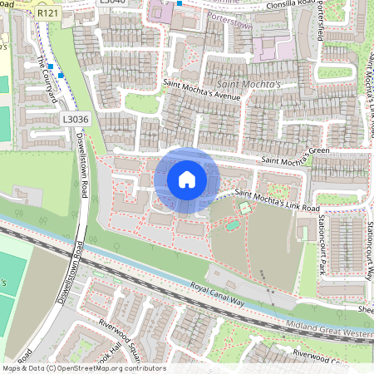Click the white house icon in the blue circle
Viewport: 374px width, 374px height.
pos(187,180)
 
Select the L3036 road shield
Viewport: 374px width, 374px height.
pos(75,120)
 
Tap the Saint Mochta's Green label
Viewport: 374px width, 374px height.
pos(296,155)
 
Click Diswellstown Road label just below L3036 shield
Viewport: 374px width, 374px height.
pos(84,161)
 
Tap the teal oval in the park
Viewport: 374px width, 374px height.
pos(243,205)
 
